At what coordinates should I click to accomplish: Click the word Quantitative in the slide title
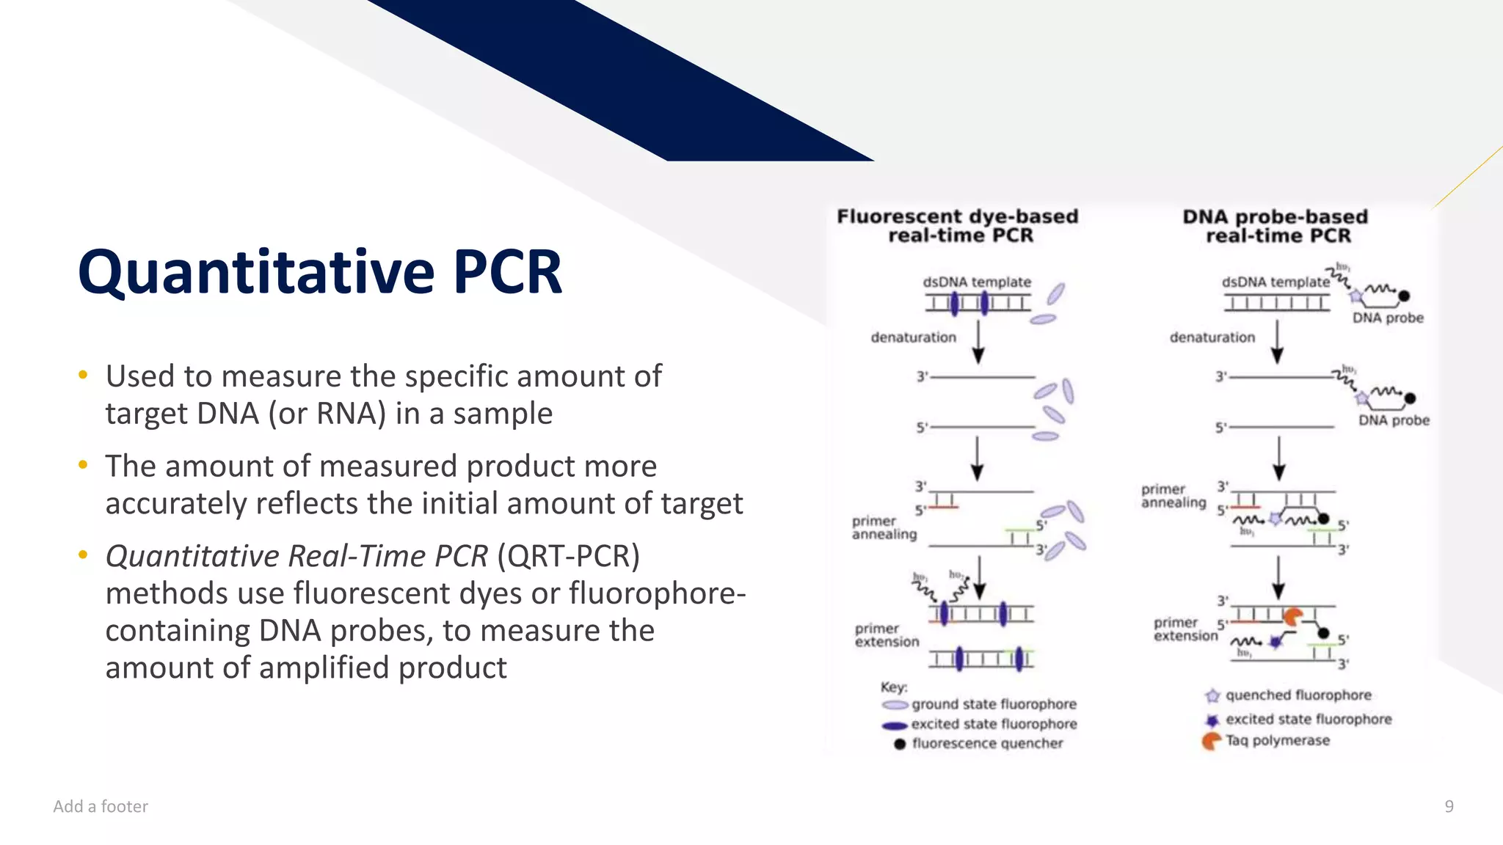coord(257,273)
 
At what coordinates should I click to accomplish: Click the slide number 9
coord(1449,806)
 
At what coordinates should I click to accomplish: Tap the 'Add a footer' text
coord(101,806)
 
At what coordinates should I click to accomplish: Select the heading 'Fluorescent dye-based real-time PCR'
coord(958,226)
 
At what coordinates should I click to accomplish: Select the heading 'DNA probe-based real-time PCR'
coord(1275,226)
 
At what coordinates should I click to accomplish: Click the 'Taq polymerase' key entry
coord(1277,741)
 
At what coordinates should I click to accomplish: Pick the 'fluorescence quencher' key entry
coord(987,744)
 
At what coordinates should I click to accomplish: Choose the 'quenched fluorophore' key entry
coord(1298,695)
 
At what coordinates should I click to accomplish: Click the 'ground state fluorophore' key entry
coord(993,704)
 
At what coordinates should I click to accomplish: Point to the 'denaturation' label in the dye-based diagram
coord(913,337)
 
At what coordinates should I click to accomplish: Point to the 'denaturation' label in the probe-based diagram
coord(1212,337)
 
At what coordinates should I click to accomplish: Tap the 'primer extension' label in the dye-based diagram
coord(887,635)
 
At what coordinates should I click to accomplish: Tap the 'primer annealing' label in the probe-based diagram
coord(1173,496)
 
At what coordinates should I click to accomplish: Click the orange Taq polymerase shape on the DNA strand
coord(1292,617)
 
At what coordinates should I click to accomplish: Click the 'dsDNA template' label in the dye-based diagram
coord(977,282)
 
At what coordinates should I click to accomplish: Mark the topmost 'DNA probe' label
coord(1387,318)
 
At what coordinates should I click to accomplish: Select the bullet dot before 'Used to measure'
coord(83,376)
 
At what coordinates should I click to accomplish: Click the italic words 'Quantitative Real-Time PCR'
coord(296,556)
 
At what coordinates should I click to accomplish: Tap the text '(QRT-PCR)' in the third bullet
coord(568,556)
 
